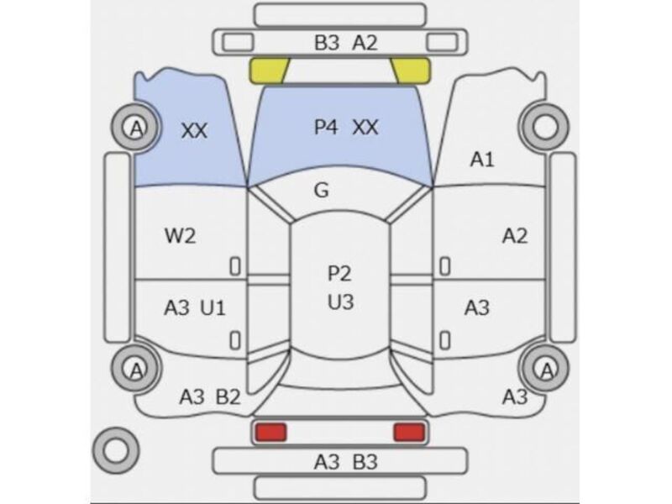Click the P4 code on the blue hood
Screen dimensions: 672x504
(326, 128)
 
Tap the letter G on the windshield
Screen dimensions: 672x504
(322, 190)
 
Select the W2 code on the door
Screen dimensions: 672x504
(181, 236)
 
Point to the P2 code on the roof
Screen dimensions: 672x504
(339, 274)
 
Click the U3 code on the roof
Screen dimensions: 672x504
(341, 302)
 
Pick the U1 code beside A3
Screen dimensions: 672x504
(213, 307)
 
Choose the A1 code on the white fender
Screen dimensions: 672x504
(482, 160)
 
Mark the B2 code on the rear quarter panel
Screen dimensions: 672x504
(228, 396)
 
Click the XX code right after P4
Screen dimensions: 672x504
(365, 128)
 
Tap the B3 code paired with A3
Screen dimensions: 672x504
(365, 462)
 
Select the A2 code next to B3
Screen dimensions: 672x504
(365, 43)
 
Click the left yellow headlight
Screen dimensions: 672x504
(269, 71)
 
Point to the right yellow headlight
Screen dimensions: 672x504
(411, 71)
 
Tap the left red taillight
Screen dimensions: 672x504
(270, 432)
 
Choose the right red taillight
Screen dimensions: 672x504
(409, 432)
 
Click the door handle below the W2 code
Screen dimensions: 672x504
(235, 266)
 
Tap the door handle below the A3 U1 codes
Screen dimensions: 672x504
(235, 341)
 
